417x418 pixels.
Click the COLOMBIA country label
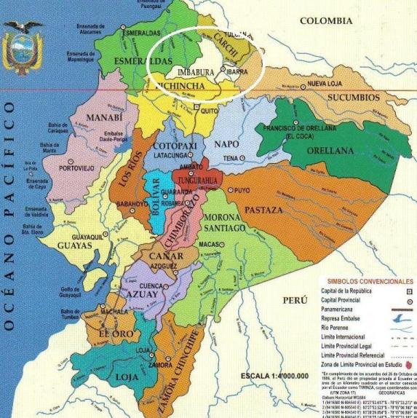tap(330, 21)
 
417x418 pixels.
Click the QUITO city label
tap(210, 111)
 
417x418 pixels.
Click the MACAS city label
tap(210, 244)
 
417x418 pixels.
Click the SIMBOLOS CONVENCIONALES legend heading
tap(370, 281)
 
